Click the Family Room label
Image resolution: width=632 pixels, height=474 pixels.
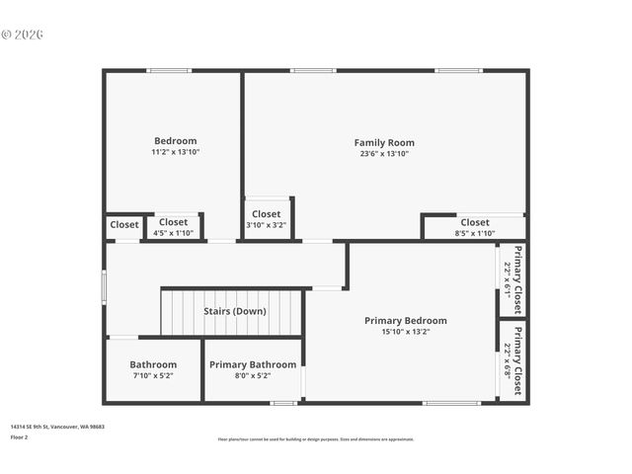coord(384,143)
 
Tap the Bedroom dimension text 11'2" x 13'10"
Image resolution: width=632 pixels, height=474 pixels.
coord(175,153)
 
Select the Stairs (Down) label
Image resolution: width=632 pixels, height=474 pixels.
coord(234,311)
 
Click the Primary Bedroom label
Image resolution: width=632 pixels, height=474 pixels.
coord(405,321)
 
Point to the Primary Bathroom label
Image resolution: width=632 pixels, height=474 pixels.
coord(252,364)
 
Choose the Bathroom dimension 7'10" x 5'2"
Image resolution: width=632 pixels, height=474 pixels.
coord(153,376)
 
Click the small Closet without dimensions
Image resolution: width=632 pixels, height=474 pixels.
coord(124,225)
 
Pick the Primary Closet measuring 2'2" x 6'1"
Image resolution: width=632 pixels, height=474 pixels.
coord(512,279)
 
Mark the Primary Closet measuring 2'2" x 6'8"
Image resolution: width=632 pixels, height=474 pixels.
coord(512,359)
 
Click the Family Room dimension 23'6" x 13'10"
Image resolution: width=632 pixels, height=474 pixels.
coord(384,154)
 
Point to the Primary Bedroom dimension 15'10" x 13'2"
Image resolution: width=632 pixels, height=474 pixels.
coord(405,332)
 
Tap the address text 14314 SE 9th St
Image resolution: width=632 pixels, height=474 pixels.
coord(57,427)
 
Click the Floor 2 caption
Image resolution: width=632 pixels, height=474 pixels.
coord(19,436)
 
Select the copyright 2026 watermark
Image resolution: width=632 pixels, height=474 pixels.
coord(23,35)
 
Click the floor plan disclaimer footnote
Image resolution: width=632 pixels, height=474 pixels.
coord(316,439)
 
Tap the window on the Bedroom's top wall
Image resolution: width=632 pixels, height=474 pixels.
coord(169,70)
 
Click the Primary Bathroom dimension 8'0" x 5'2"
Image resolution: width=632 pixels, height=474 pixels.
coord(252,376)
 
